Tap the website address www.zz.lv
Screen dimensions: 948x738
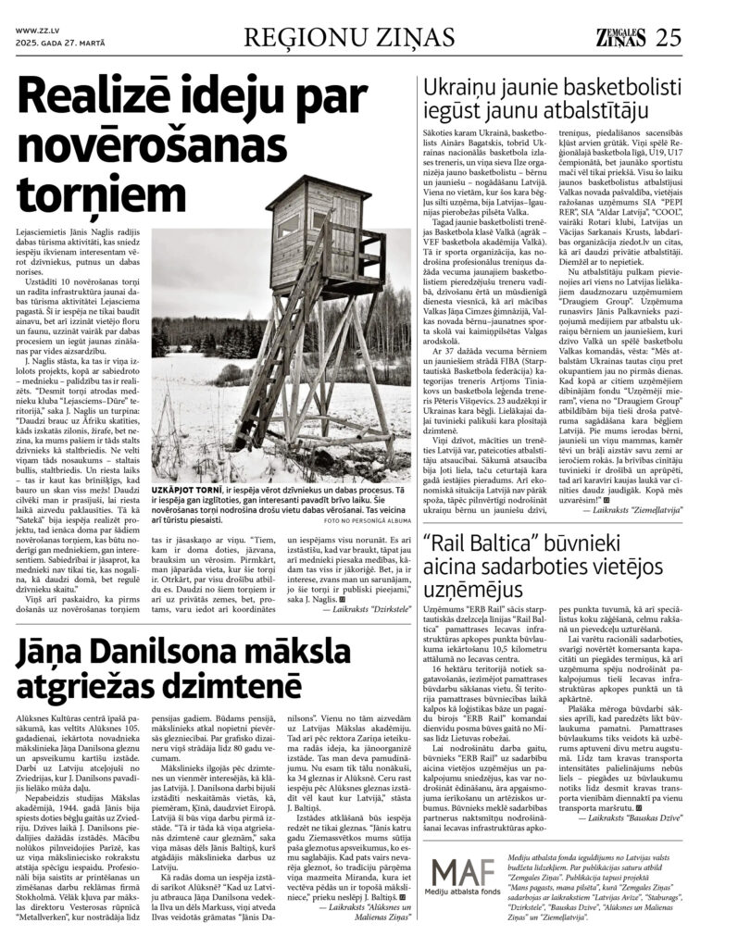click(38, 29)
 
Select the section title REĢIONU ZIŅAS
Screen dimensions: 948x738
click(348, 37)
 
